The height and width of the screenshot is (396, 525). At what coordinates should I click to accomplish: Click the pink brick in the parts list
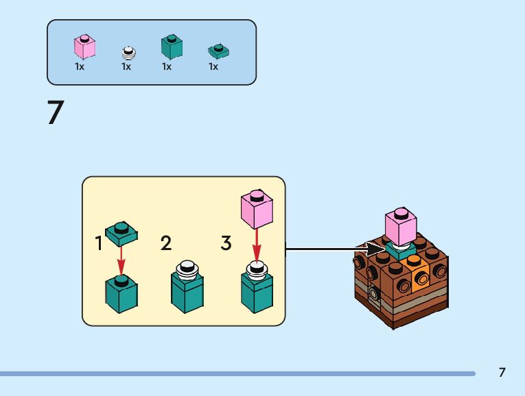84,47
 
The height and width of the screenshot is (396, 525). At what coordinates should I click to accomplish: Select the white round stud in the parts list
128,53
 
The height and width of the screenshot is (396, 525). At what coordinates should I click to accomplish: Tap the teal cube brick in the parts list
171,47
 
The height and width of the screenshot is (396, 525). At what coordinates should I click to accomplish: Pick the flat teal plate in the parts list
218,51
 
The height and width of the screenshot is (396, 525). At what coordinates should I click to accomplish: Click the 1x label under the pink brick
80,67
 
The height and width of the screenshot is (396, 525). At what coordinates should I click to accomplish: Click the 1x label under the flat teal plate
213,67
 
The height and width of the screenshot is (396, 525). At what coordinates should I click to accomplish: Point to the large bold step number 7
56,113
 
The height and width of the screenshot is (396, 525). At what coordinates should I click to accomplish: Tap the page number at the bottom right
502,373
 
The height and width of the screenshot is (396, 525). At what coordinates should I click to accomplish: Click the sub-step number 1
100,243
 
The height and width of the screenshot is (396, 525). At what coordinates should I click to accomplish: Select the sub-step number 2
165,243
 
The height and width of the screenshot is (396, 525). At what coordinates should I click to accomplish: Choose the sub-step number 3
226,243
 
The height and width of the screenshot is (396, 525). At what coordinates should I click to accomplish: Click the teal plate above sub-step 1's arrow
121,234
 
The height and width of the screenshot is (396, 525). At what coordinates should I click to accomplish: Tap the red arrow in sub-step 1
121,260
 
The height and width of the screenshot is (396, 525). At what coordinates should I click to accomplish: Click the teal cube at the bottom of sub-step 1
121,293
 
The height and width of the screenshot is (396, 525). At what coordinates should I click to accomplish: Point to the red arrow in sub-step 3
256,245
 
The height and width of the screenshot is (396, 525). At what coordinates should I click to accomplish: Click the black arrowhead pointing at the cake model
374,249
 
